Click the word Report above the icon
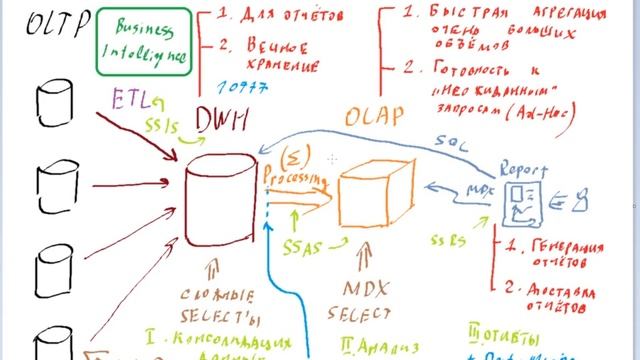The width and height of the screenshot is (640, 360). click(521, 167)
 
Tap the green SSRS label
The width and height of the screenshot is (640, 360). click(447, 240)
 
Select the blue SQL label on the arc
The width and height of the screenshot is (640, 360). click(455, 140)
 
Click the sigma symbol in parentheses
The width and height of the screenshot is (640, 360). click(296, 157)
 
